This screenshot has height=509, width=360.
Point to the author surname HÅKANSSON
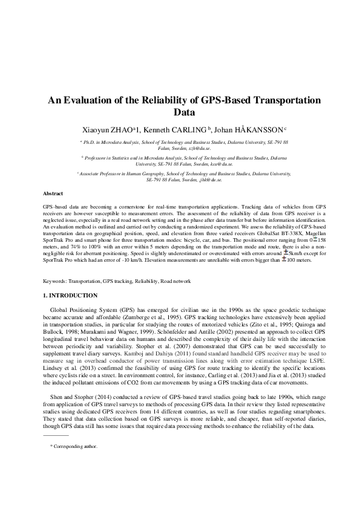click(x=261, y=129)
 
